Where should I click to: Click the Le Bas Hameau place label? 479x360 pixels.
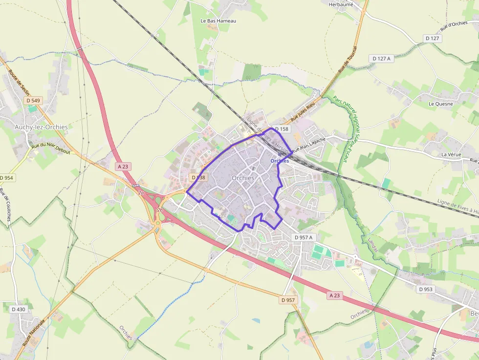click(218, 21)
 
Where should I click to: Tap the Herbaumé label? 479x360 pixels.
click(341, 4)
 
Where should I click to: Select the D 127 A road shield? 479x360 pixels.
click(382, 59)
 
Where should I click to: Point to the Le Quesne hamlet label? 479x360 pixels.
click(441, 104)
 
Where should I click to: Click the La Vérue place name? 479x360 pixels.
click(451, 154)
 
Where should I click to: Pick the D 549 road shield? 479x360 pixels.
click(33, 101)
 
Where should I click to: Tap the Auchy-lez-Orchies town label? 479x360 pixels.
click(41, 127)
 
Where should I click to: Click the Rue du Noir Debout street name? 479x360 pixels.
click(51, 148)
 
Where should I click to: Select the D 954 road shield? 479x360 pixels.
click(7, 178)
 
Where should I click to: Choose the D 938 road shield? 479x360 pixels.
click(198, 178)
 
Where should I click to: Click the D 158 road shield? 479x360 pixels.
click(282, 129)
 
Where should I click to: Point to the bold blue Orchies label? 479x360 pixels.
click(280, 161)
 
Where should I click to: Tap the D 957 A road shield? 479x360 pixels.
click(304, 237)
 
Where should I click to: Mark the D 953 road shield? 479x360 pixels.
click(426, 289)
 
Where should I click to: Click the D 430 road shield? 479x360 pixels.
click(18, 309)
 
